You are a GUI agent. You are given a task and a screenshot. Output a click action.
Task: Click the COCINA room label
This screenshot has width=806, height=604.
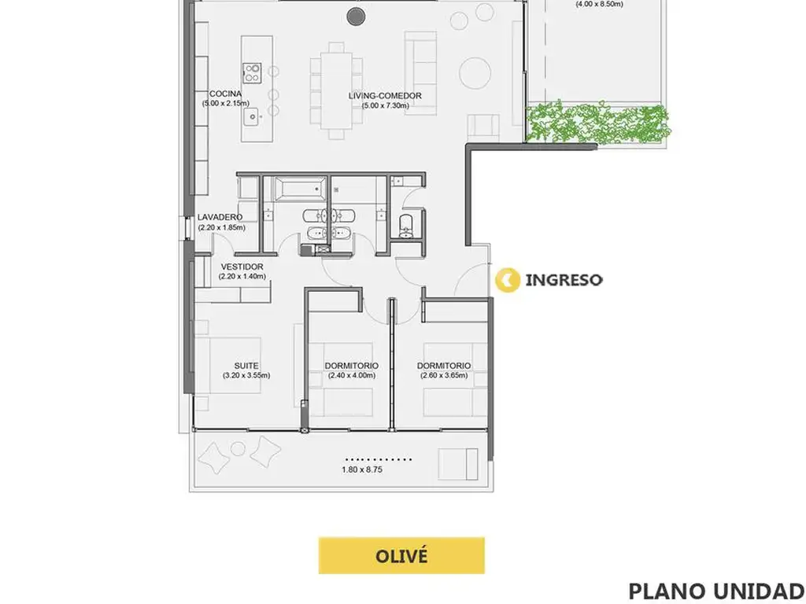[x=225, y=94]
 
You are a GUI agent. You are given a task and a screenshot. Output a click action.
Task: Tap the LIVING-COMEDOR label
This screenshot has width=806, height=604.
[x=385, y=95]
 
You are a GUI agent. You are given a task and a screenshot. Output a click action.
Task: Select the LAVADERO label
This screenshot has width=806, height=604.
[x=220, y=217]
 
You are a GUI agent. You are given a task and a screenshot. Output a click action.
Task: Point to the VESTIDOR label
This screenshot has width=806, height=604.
[x=242, y=267]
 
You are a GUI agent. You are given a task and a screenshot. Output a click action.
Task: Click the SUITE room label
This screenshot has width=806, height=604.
[x=246, y=366]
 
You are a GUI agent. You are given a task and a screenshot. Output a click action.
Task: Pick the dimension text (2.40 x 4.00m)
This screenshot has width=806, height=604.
[x=352, y=375]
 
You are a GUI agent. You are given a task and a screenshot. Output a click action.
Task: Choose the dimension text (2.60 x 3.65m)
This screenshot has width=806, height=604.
[x=444, y=375]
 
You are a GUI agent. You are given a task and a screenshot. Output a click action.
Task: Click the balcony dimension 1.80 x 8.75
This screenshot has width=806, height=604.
[x=362, y=470]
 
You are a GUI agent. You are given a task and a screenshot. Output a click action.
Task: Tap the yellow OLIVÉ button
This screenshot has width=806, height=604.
[x=401, y=556]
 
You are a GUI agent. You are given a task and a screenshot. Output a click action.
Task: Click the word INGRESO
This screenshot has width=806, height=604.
[x=564, y=280]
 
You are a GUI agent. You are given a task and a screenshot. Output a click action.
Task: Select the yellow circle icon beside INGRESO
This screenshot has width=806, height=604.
[x=508, y=280]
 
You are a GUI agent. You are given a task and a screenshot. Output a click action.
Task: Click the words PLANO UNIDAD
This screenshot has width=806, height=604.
[x=717, y=591]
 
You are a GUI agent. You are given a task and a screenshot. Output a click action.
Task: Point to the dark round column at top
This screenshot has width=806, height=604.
[x=356, y=17]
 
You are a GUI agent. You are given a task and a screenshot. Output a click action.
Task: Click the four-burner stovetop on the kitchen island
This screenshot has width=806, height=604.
[x=252, y=72]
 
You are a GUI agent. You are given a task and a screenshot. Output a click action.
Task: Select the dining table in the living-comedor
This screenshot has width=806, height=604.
[x=337, y=90]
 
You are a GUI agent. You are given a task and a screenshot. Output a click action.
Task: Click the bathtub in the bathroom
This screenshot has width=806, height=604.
[x=300, y=189]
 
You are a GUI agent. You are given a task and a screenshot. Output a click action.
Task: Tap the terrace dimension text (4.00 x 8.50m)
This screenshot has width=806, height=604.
[x=599, y=4]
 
